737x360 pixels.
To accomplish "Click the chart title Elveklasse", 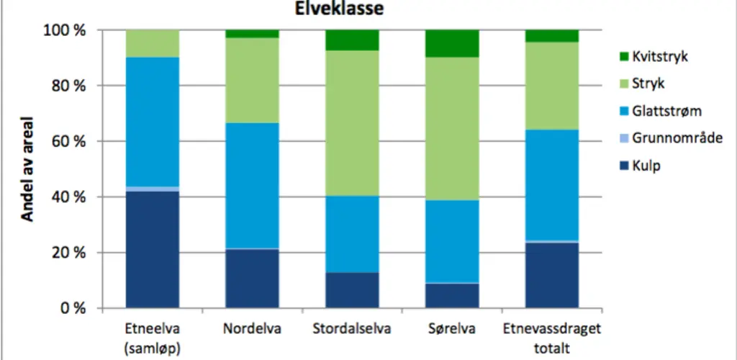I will [338, 9].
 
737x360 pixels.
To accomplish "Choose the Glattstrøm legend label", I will [667, 111].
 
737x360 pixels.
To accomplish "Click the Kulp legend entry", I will [646, 166].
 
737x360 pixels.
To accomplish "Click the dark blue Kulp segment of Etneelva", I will [152, 249].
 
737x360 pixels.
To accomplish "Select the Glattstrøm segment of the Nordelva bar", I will [252, 186].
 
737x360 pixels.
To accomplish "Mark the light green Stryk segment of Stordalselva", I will [352, 123].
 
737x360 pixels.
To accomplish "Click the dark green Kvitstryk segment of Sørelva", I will [452, 43].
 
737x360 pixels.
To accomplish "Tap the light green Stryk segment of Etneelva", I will [152, 44].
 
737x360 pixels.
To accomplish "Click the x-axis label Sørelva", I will [452, 330].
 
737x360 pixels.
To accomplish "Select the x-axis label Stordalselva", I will [352, 330].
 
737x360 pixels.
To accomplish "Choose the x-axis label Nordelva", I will [252, 330].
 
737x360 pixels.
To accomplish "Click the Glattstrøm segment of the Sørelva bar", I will [452, 241].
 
